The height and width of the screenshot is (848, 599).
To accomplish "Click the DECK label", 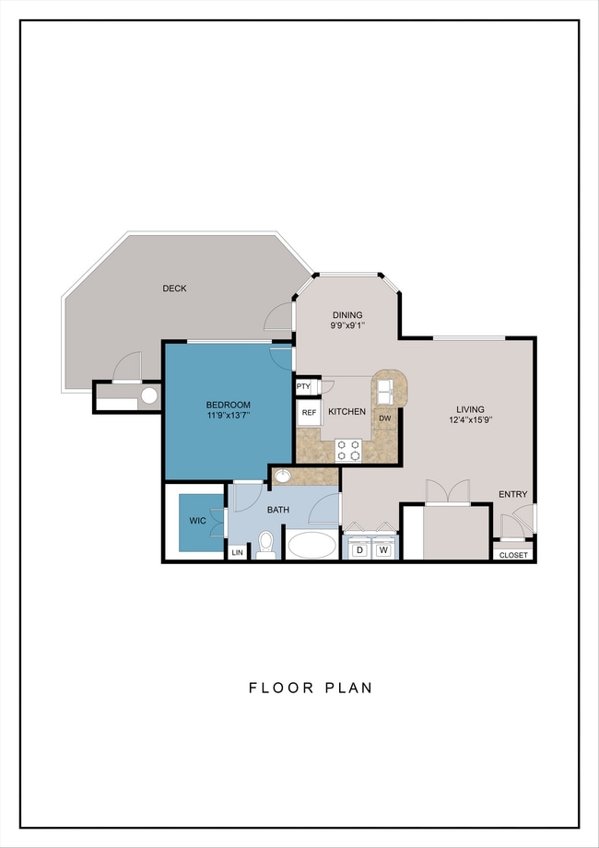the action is point(174,289).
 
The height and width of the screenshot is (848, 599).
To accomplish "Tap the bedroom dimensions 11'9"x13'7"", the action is point(229,416).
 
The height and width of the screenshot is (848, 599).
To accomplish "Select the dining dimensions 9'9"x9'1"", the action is point(347,325).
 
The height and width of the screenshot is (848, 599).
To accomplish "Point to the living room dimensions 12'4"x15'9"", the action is point(470,419).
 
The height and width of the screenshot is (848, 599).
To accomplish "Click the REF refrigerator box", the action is point(309,413).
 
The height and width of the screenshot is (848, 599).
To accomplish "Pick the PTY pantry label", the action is point(303,386).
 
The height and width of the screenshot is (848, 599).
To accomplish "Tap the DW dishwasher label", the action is point(385,418).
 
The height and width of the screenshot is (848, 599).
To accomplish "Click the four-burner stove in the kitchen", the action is point(348,450).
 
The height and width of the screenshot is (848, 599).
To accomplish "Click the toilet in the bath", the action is point(265,545).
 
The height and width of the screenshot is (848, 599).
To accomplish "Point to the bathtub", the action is point(311,545).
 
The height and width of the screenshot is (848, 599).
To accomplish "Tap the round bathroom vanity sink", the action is point(282,476).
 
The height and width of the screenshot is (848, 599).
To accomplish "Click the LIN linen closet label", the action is point(238,552).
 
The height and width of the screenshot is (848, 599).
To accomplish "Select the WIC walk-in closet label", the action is point(197,521).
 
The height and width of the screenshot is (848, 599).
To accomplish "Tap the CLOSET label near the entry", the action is point(513,555).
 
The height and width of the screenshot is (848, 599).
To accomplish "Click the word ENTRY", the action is point(512,494).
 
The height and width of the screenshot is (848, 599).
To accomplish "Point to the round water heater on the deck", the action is point(149,395).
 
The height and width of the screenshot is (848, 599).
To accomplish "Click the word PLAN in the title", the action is point(348,688).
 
